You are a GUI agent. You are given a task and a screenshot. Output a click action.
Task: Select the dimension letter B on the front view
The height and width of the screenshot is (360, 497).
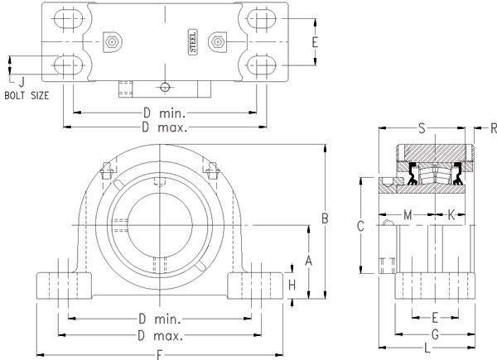(326, 218)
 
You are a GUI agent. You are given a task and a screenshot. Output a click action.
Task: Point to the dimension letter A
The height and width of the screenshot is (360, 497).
(308, 261)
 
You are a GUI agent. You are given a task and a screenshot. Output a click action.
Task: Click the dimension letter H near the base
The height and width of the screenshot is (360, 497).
(292, 284)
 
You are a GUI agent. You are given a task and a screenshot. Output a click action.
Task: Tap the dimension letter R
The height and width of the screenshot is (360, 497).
(493, 128)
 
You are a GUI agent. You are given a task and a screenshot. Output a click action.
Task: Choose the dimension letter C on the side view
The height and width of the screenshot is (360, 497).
(360, 225)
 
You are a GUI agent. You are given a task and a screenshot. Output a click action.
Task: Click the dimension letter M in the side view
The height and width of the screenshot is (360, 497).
(408, 215)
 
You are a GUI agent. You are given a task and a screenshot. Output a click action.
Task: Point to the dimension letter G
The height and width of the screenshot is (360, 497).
(434, 333)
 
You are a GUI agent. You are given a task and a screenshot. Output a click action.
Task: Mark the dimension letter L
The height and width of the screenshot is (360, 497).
(427, 348)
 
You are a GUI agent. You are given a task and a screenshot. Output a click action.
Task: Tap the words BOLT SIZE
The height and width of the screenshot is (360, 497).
(27, 95)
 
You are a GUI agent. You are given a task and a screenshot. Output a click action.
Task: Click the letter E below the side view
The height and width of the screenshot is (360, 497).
(435, 318)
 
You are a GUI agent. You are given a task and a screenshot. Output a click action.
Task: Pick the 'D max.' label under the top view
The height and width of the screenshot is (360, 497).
(165, 127)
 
